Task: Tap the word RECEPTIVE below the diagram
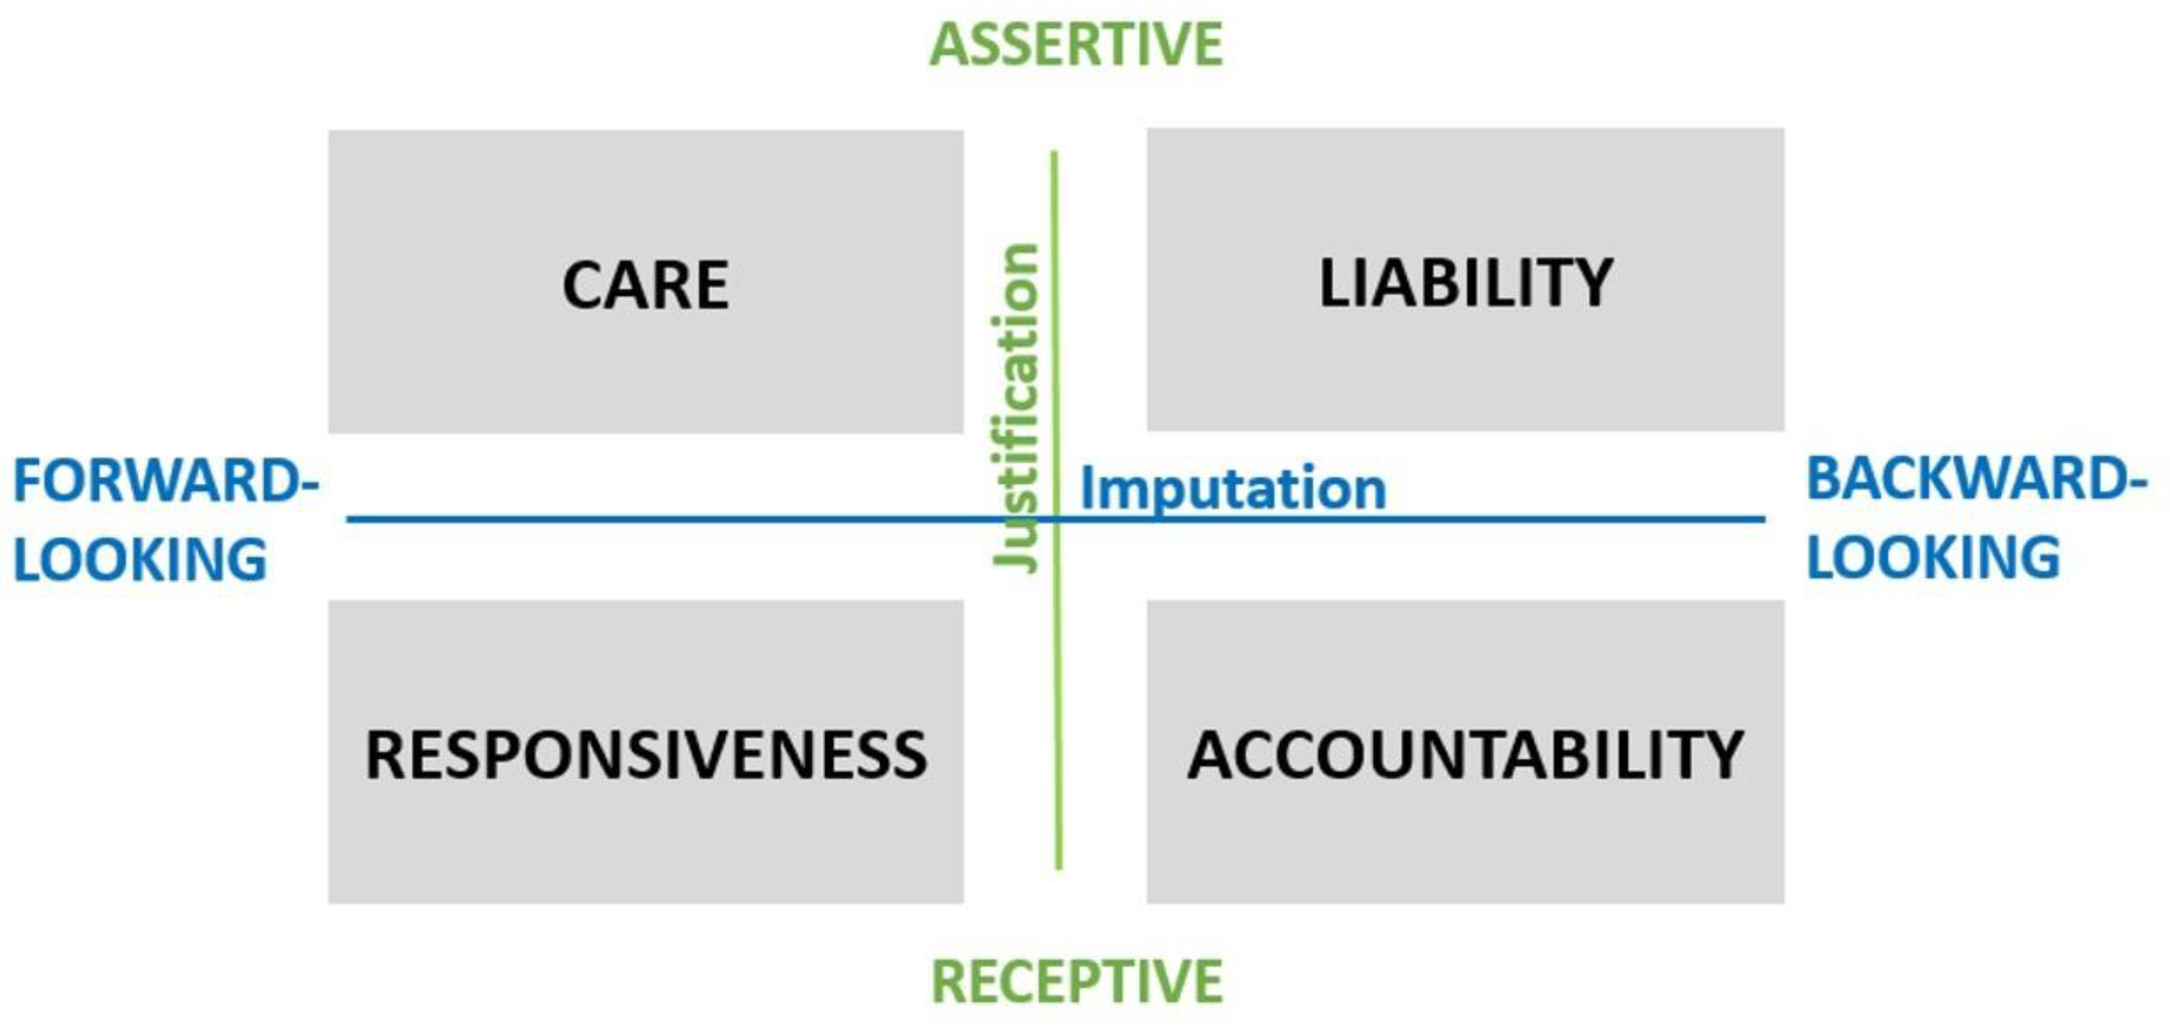[1076, 981]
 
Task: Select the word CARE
[645, 286]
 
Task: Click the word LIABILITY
[1466, 283]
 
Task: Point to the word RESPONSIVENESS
[646, 754]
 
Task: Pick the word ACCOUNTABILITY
[1465, 754]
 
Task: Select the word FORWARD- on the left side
[166, 481]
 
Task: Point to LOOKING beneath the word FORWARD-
[141, 560]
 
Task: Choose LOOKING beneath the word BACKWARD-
[1933, 557]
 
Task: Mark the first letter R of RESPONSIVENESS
[384, 754]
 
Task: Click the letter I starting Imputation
[1087, 487]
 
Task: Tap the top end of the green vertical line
[1054, 153]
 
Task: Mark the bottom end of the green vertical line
[1059, 868]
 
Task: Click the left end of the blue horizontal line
[348, 519]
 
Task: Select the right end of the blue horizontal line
[1764, 519]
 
